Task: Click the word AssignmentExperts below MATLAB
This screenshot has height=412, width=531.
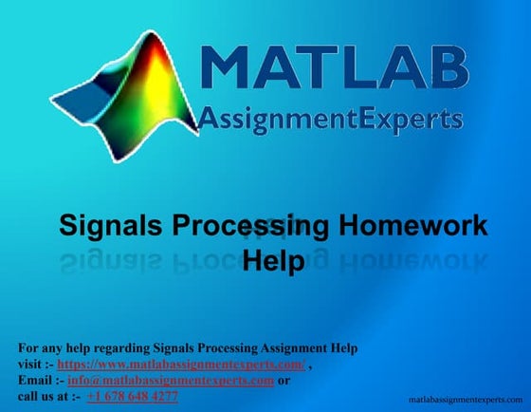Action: tap(331, 119)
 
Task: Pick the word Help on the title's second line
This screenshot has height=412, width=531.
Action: tap(274, 259)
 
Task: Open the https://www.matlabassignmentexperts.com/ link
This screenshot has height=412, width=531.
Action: tap(181, 364)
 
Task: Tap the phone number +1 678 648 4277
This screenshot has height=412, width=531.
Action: tap(132, 396)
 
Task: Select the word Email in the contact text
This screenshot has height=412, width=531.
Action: tap(35, 380)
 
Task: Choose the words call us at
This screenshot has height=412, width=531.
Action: tap(42, 396)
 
